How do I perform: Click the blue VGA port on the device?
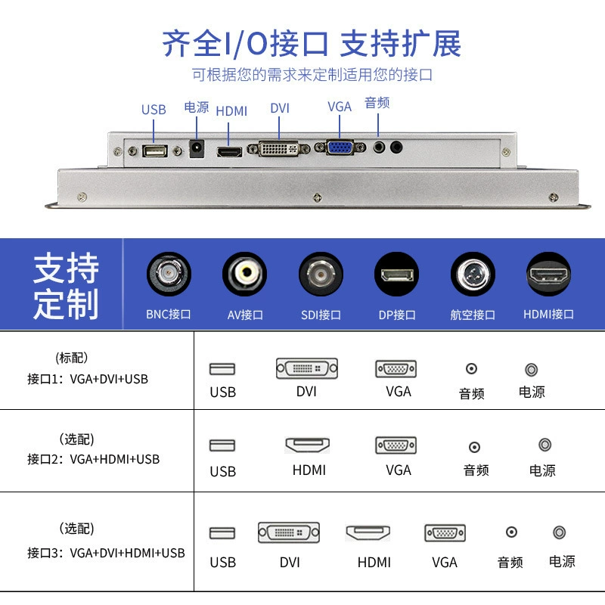[340, 147]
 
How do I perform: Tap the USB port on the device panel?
[155, 150]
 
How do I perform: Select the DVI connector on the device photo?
[278, 148]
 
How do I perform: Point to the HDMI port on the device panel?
[230, 152]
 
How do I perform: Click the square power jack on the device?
[197, 149]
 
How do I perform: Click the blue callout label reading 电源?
[197, 107]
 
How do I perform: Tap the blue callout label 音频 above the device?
[377, 103]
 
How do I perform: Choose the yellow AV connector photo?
[244, 274]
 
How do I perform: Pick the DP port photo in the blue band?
[396, 275]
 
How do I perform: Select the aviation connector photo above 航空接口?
[473, 275]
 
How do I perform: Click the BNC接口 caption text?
[168, 315]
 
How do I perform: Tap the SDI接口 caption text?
[321, 315]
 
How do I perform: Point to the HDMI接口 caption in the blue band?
[548, 315]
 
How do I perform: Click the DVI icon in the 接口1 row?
[307, 368]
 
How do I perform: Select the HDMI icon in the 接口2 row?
[308, 445]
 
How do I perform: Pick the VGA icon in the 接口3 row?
[445, 533]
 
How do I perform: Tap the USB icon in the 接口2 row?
[222, 445]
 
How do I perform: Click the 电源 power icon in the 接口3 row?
[559, 532]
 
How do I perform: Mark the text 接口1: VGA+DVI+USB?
[88, 379]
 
